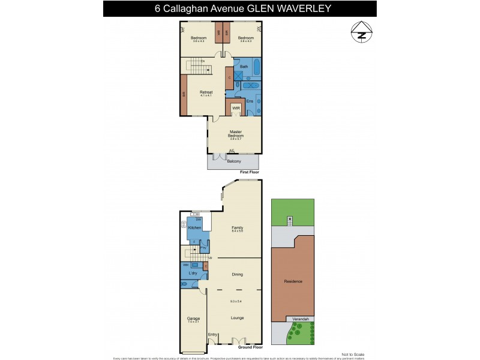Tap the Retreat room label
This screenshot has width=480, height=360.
tap(206, 92)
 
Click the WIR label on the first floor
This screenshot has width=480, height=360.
tap(236, 109)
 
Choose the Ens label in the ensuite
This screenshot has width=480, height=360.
tap(250, 101)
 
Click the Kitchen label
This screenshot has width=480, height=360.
tap(194, 228)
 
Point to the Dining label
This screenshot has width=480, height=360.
tap(238, 274)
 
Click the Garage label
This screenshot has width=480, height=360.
tap(193, 318)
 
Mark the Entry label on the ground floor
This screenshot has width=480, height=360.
tap(212, 334)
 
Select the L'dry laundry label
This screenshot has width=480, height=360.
tap(193, 274)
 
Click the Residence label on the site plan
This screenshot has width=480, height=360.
tap(293, 281)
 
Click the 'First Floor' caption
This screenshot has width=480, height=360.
tap(252, 172)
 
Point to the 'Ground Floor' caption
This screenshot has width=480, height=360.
tap(250, 347)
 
